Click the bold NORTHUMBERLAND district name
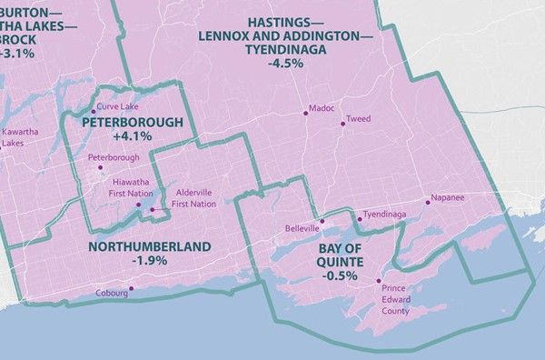(150, 247)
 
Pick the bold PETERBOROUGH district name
(133, 122)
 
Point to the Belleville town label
(302, 227)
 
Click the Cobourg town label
(110, 294)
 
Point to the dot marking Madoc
(305, 112)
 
